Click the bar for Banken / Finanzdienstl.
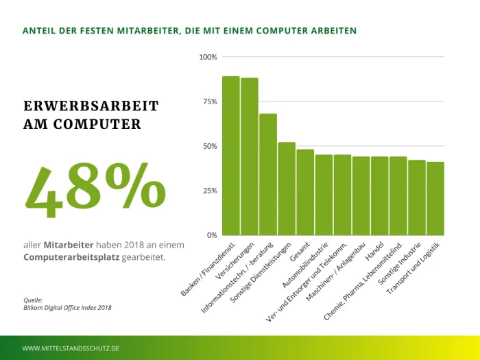(x=230, y=156)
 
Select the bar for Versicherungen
(x=249, y=156)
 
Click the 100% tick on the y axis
(x=208, y=57)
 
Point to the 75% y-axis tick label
(x=209, y=101)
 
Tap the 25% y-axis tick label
(x=209, y=191)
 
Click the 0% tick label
(x=211, y=235)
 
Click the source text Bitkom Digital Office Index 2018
(x=67, y=308)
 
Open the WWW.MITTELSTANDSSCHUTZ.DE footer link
(x=71, y=348)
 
